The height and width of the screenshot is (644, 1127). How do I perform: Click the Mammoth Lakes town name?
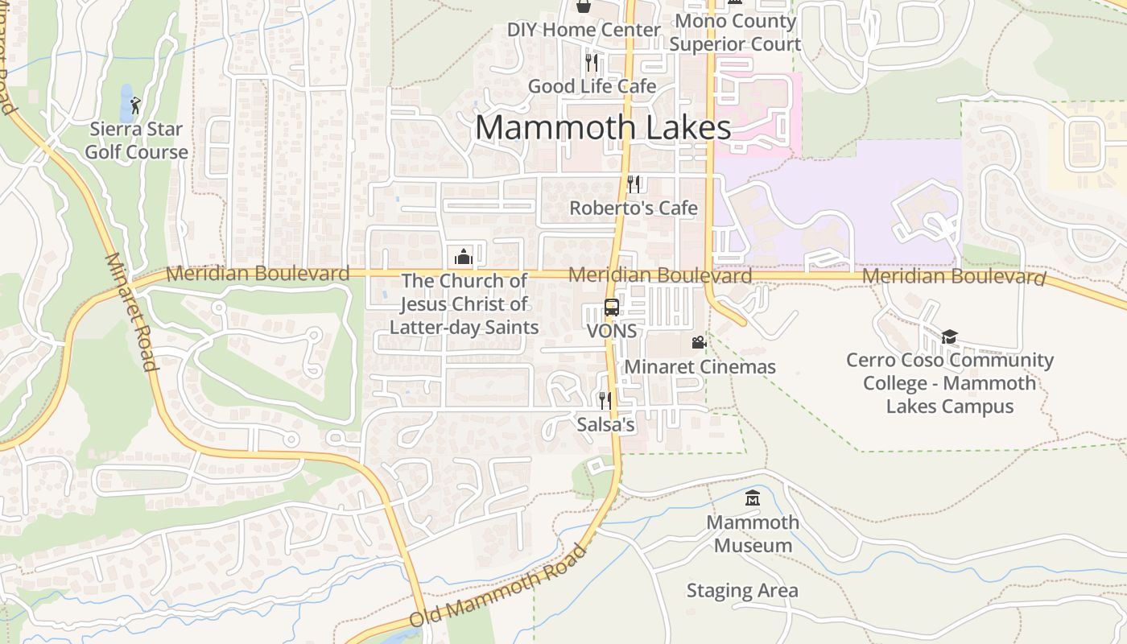point(603,128)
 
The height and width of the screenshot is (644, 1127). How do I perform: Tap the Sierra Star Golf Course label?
point(137,141)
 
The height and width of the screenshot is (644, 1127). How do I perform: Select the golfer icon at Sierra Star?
point(135,105)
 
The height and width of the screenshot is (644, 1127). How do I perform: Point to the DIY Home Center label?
point(584,31)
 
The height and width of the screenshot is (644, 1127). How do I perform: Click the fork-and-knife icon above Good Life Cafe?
point(592,62)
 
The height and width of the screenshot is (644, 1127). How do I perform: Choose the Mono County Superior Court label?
point(735,32)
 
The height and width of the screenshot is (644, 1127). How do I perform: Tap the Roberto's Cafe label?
point(634,208)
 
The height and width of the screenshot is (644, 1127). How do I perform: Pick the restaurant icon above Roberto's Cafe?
point(634,184)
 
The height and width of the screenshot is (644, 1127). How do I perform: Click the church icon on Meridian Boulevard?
point(463,257)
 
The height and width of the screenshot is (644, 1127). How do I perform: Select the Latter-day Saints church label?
point(464,304)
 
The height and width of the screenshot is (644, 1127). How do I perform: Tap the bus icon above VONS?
point(612,308)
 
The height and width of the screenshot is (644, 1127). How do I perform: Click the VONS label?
point(612,331)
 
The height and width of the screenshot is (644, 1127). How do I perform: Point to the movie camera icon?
point(699,343)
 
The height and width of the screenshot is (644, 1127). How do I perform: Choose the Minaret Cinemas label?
point(700,367)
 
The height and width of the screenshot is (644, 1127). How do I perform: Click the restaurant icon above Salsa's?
point(605,400)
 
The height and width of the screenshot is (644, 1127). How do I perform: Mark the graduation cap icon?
point(950,336)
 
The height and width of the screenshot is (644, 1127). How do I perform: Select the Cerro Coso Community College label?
point(950,383)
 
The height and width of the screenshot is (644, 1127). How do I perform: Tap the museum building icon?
point(753,498)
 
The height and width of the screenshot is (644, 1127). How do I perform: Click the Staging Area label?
point(742,591)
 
